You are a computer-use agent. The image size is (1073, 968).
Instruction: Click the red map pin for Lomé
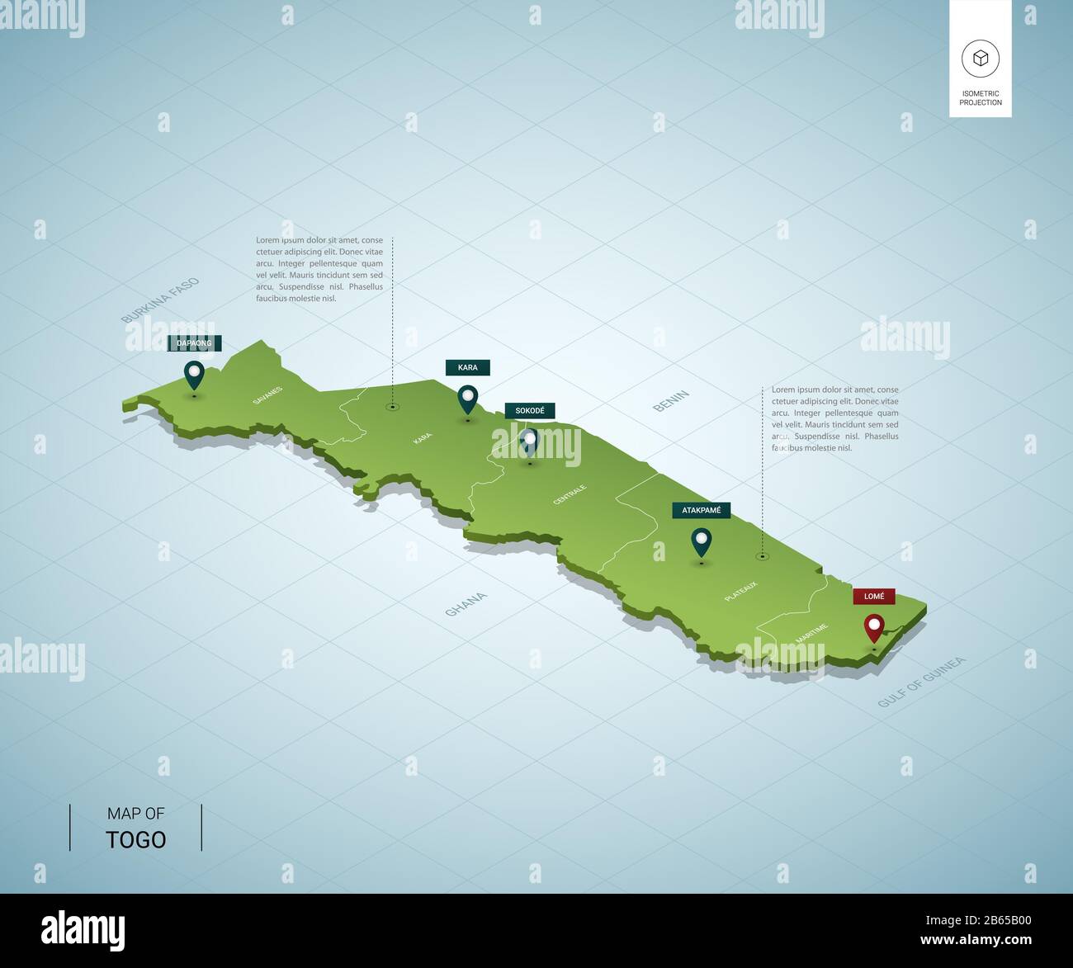point(873,629)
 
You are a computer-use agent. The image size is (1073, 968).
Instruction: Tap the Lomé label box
point(874,596)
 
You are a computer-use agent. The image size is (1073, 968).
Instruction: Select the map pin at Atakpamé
point(702,541)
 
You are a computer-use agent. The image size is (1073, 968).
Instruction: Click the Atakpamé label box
point(701,511)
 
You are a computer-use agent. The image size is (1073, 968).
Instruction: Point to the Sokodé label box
point(530,411)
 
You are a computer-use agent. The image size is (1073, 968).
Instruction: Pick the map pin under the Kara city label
point(468,399)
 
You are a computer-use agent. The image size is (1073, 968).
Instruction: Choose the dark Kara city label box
point(467,367)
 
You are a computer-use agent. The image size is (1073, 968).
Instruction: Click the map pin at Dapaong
point(194,375)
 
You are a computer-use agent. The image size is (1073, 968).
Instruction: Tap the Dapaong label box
point(194,343)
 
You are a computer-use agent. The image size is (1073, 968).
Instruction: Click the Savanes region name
point(267,395)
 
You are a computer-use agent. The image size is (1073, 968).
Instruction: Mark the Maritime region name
point(811,634)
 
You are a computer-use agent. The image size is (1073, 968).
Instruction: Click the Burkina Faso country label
point(160,300)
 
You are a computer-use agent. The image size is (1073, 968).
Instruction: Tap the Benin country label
point(671,401)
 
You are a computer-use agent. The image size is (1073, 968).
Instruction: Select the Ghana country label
point(466,604)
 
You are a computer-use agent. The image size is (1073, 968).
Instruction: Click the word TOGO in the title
point(136,840)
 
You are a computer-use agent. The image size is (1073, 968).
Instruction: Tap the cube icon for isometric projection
point(980,59)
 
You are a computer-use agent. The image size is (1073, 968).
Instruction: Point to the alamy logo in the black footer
point(83,929)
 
